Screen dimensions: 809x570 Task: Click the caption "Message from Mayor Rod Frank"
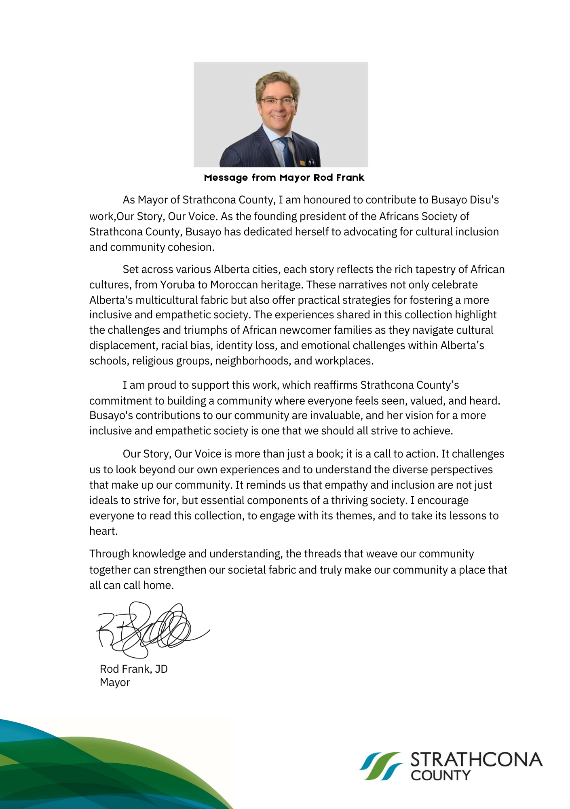pos(284,178)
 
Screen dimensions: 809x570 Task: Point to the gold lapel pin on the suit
pos(302,163)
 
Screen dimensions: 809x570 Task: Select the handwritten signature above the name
pos(150,629)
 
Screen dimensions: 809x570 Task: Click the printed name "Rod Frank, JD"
pos(133,669)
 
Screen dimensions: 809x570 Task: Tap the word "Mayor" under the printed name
pos(115,682)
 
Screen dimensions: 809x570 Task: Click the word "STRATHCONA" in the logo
pos(476,760)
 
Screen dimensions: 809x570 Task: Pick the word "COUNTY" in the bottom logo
pos(441,775)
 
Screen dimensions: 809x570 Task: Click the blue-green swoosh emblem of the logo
pos(380,766)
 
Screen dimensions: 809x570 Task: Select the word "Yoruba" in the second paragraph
pos(177,285)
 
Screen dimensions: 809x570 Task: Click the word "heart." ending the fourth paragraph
pos(103,531)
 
